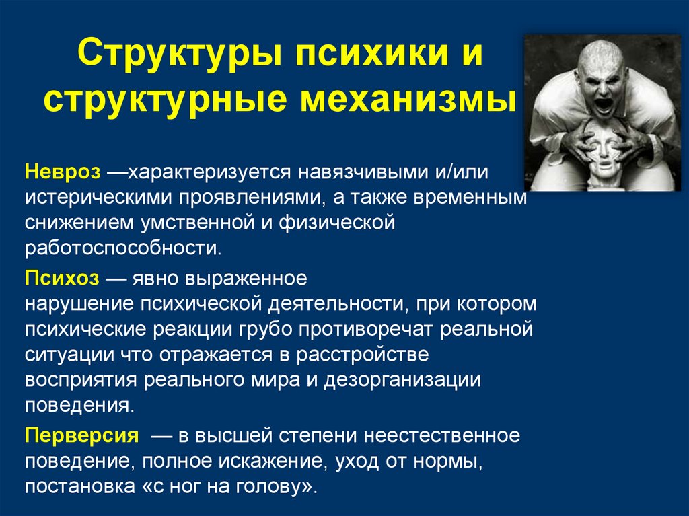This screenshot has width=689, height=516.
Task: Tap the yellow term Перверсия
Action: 82,435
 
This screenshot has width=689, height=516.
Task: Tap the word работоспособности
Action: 122,248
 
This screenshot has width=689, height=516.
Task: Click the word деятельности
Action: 336,303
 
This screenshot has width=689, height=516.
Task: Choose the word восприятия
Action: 81,380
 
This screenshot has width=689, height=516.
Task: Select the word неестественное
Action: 442,435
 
